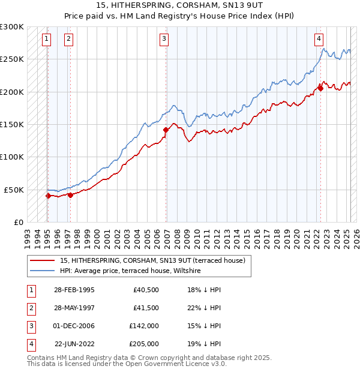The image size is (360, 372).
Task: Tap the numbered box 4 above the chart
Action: [x=319, y=39]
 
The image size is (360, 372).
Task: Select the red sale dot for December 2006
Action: [x=166, y=130]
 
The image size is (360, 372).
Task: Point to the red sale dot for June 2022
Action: [x=320, y=88]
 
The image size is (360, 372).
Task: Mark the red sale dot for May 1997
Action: [x=70, y=194]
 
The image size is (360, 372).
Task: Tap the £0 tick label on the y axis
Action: [x=17, y=222]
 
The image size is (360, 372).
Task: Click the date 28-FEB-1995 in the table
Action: [x=74, y=290]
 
